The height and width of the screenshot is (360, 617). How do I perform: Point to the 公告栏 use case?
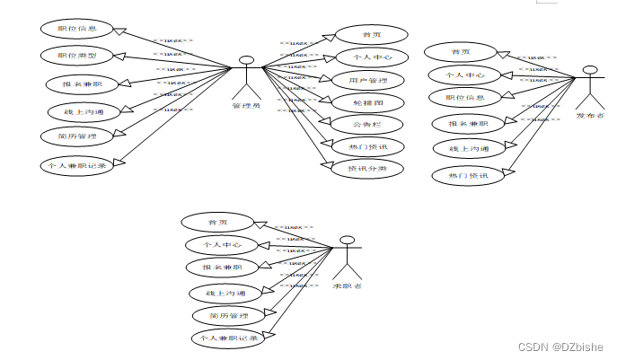pos(366,123)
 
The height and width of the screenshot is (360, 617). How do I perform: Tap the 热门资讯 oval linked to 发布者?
pos(467,175)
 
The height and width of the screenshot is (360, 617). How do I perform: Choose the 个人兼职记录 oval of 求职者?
pos(227,338)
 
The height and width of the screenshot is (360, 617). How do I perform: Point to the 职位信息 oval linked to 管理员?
pos(77,29)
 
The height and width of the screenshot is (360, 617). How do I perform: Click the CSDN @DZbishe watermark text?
pos(565,346)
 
